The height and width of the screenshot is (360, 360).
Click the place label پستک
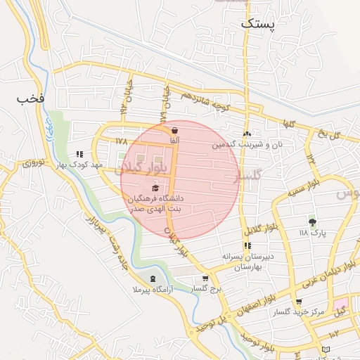click(259, 23)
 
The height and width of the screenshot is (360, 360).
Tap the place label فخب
click(31, 99)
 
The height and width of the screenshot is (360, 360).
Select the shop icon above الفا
click(174, 131)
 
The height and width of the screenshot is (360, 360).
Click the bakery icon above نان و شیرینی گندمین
click(247, 134)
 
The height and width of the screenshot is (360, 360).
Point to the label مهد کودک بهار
click(82, 165)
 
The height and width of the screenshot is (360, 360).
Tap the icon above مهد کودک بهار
click(80, 154)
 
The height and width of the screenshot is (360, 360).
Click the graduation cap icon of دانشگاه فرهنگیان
click(155, 188)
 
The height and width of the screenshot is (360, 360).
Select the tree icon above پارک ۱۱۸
click(312, 222)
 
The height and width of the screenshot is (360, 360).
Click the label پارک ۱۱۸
click(313, 233)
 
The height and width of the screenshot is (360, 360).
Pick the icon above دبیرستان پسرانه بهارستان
click(247, 245)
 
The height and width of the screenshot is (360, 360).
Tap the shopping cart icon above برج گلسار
click(205, 278)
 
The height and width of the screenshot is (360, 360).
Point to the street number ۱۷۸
click(121, 141)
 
